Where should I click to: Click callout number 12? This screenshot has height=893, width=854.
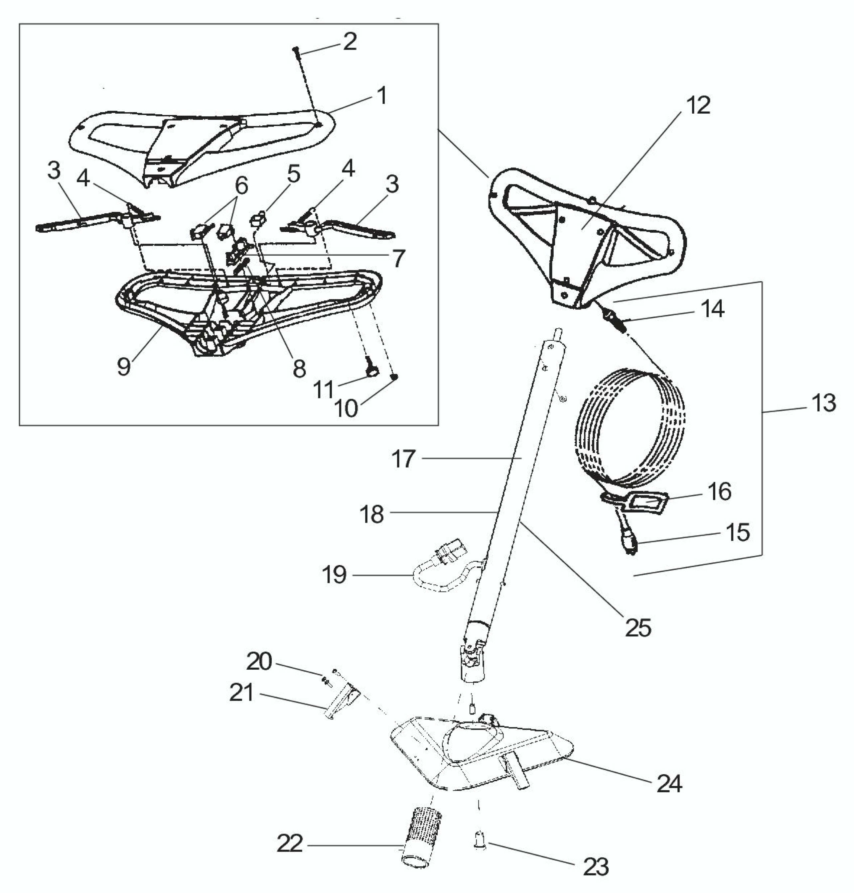tap(697, 106)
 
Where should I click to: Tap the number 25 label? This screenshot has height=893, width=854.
tap(638, 628)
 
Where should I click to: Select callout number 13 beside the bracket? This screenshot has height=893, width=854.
tap(823, 403)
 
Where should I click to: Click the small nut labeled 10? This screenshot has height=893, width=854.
tap(395, 376)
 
